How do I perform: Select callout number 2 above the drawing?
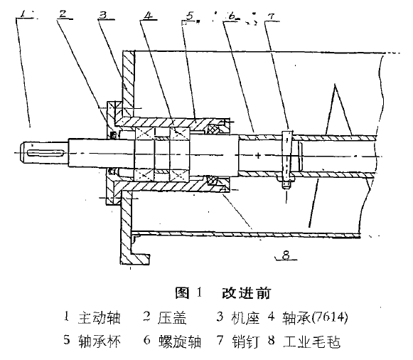click(x=63, y=14)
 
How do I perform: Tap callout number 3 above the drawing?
click(x=103, y=14)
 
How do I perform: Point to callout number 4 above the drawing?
click(x=149, y=15)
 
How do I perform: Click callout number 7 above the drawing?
click(x=271, y=17)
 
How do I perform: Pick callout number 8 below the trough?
click(x=286, y=255)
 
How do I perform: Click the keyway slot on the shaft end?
click(x=45, y=153)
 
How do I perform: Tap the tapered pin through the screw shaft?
click(x=287, y=159)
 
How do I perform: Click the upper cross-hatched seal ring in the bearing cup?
click(x=213, y=129)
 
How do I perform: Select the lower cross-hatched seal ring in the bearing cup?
click(x=213, y=181)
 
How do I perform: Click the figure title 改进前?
click(x=246, y=293)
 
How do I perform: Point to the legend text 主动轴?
click(x=100, y=317)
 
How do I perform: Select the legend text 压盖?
click(x=172, y=317)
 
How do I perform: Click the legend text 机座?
click(x=245, y=317)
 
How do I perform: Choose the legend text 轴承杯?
click(x=100, y=341)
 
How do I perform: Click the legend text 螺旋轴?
click(x=180, y=341)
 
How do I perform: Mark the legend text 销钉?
click(x=246, y=341)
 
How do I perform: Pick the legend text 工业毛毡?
click(x=312, y=341)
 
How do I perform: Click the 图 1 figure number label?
click(x=188, y=293)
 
